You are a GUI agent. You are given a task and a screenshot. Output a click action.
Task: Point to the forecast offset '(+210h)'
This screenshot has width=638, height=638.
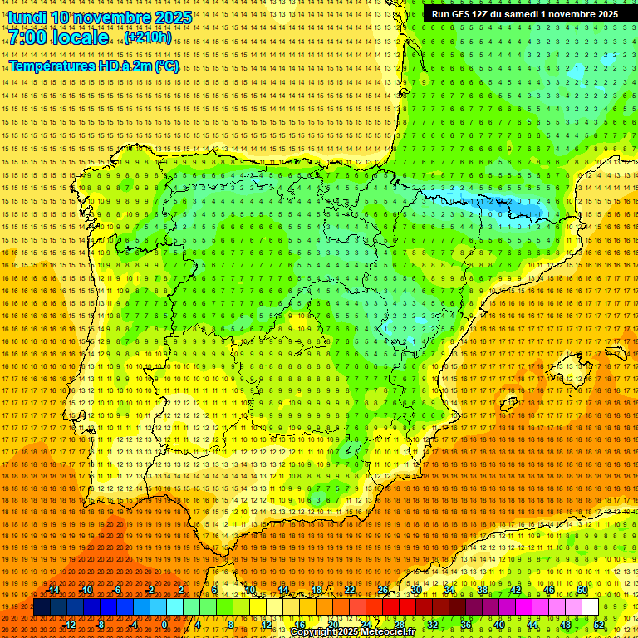click(x=148, y=37)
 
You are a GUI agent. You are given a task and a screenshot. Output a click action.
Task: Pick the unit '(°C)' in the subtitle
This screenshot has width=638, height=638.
click(x=167, y=66)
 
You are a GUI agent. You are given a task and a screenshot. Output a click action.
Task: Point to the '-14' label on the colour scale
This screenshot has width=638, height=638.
click(x=53, y=590)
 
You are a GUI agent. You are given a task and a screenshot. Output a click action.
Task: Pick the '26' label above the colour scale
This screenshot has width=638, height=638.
click(x=383, y=590)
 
